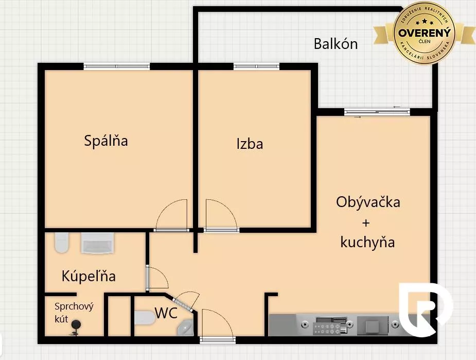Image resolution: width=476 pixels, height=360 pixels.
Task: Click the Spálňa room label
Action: (x=106, y=140)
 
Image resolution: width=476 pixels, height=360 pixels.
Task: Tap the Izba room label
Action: (x=250, y=144)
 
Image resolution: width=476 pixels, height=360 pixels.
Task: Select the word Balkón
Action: (x=336, y=44)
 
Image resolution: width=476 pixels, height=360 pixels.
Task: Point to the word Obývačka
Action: (x=368, y=202)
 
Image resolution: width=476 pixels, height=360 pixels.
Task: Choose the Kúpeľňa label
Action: (x=89, y=276)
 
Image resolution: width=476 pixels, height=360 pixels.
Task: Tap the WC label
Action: (x=167, y=313)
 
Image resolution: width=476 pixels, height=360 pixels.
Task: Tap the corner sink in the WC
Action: (x=185, y=327)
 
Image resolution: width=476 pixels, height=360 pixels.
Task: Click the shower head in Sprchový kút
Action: (x=76, y=325)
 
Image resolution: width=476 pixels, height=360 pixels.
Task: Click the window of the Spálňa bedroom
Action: (x=117, y=66)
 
